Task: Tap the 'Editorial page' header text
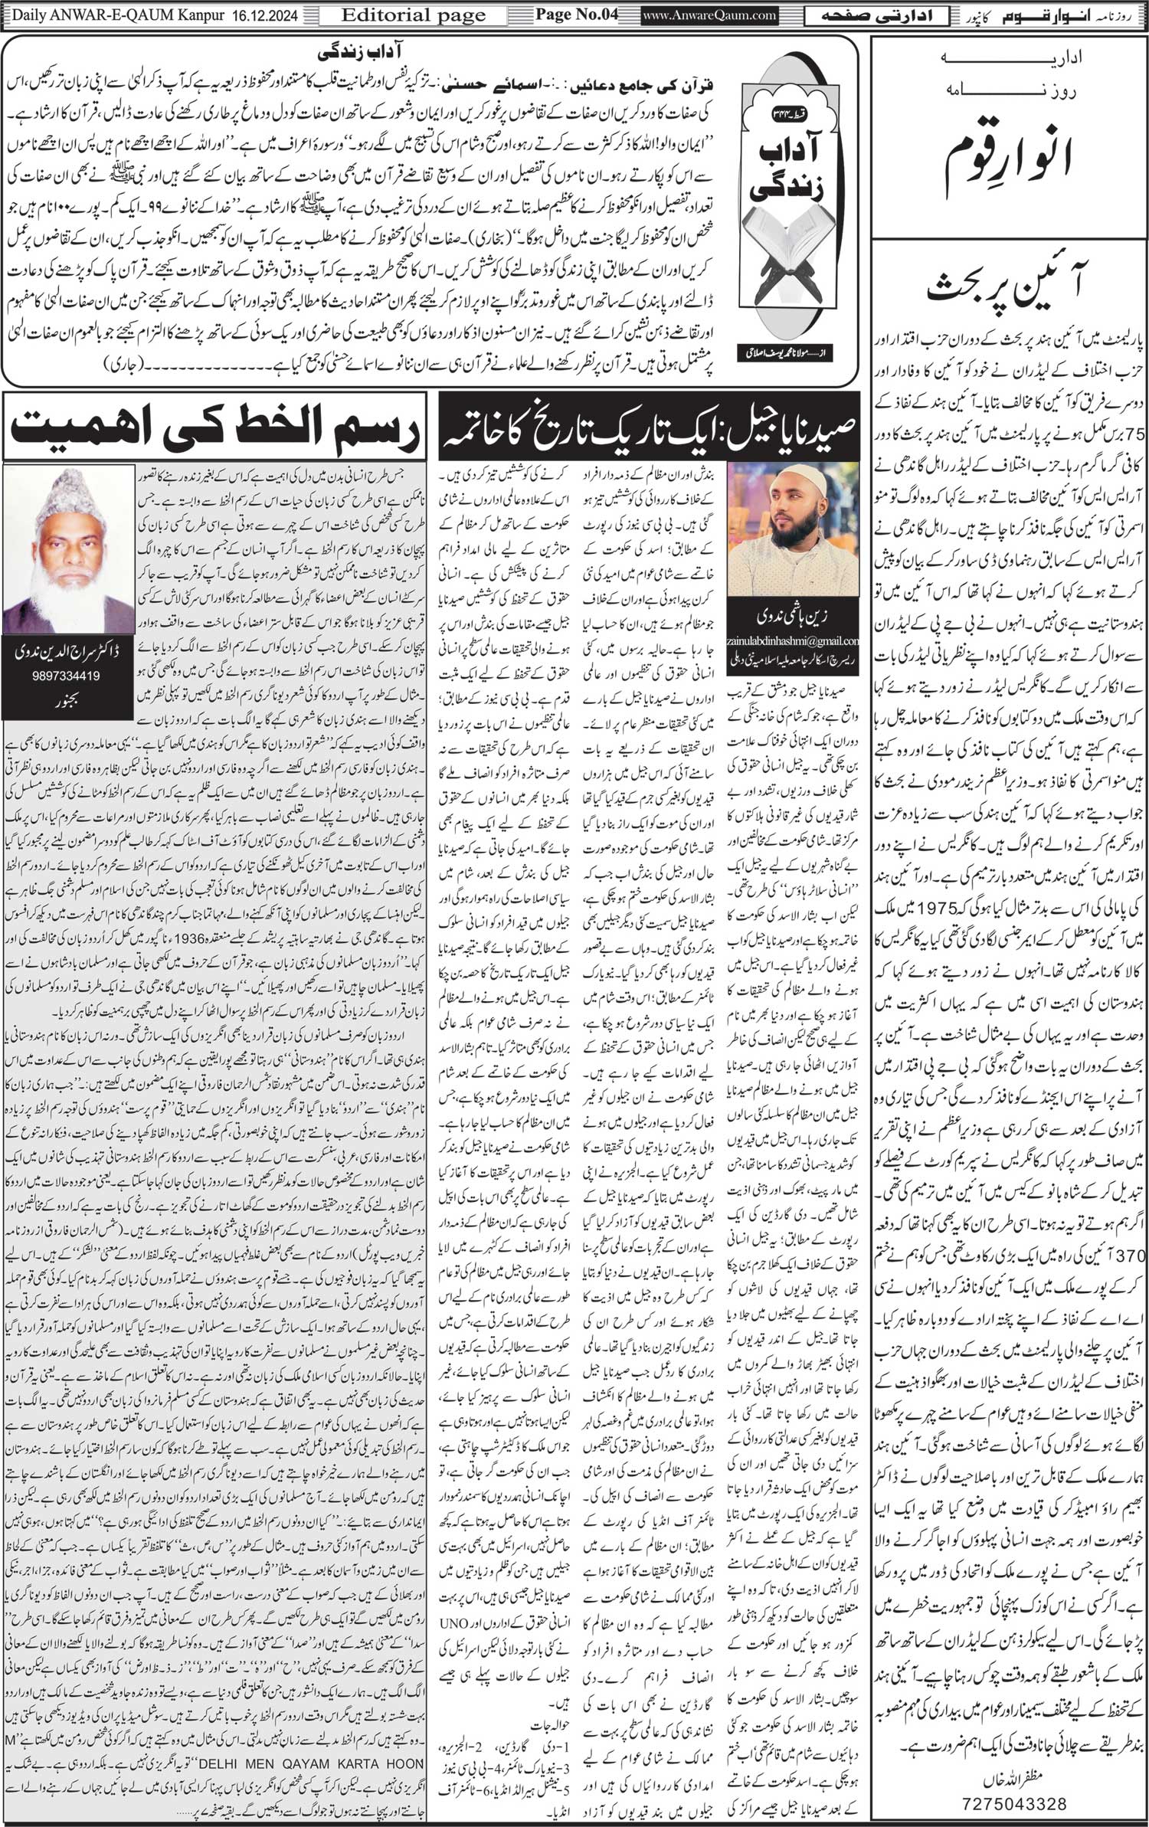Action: [x=414, y=15]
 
